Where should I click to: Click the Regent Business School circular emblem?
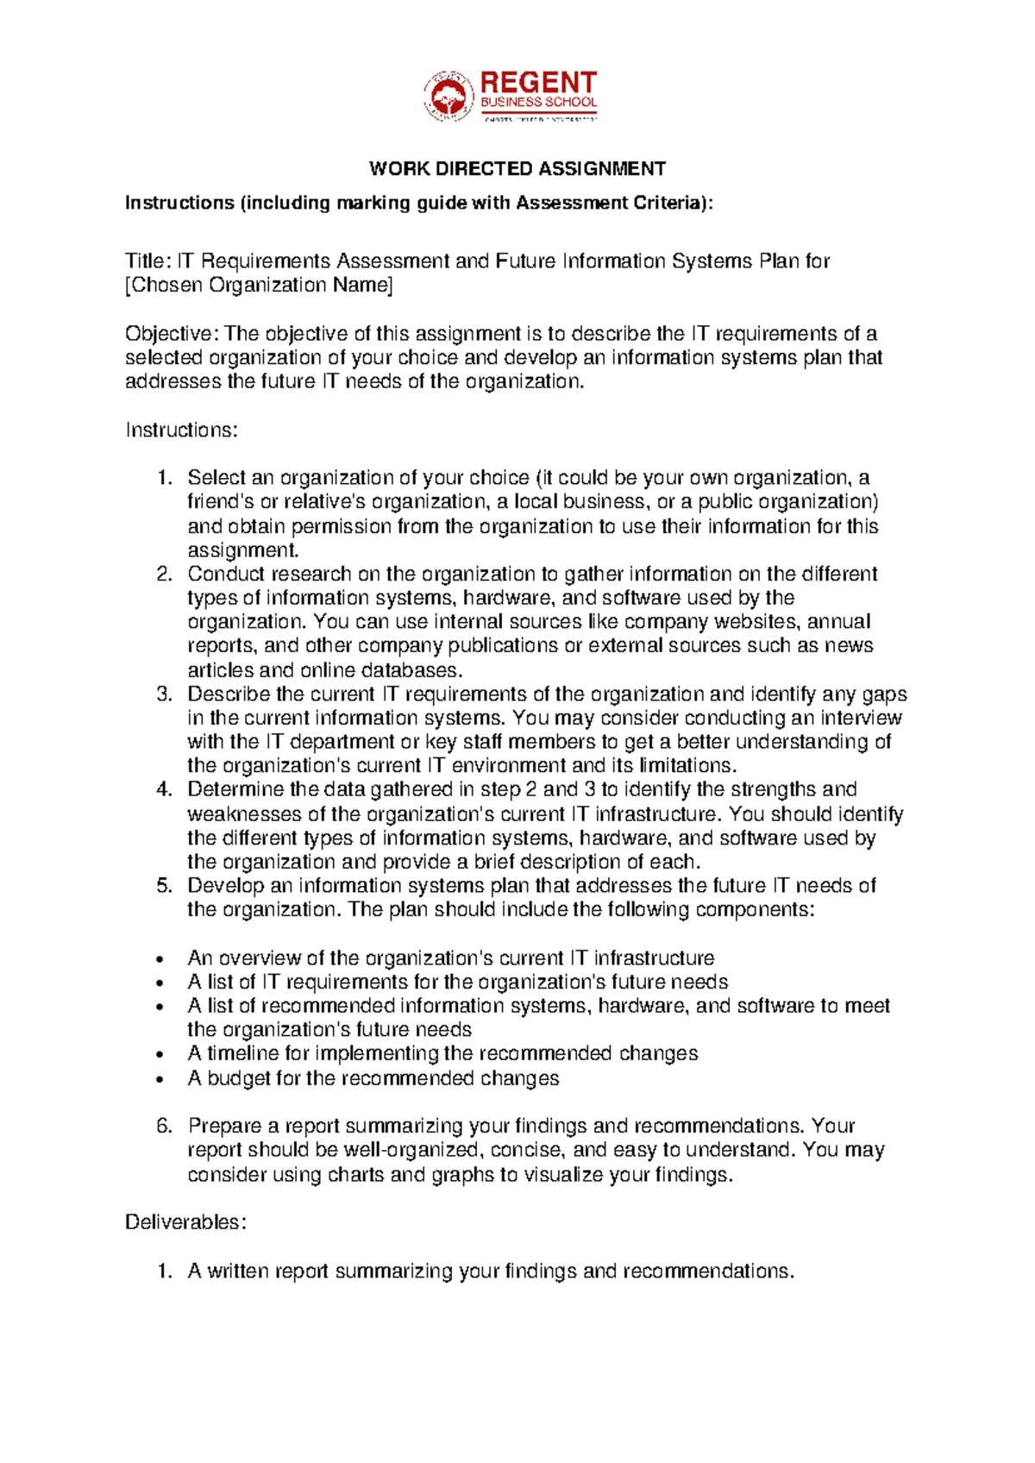coord(448,96)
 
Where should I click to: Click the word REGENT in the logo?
coord(538,83)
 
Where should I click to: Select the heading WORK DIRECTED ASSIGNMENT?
coord(517,168)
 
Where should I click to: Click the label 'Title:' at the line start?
coord(148,261)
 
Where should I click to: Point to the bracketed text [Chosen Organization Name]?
coord(259,286)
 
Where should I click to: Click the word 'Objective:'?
coord(172,334)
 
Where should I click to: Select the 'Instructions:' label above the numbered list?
coord(181,430)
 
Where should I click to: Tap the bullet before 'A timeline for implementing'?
coord(160,1055)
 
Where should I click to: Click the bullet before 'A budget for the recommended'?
coord(160,1079)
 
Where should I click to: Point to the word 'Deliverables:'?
coord(186,1222)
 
